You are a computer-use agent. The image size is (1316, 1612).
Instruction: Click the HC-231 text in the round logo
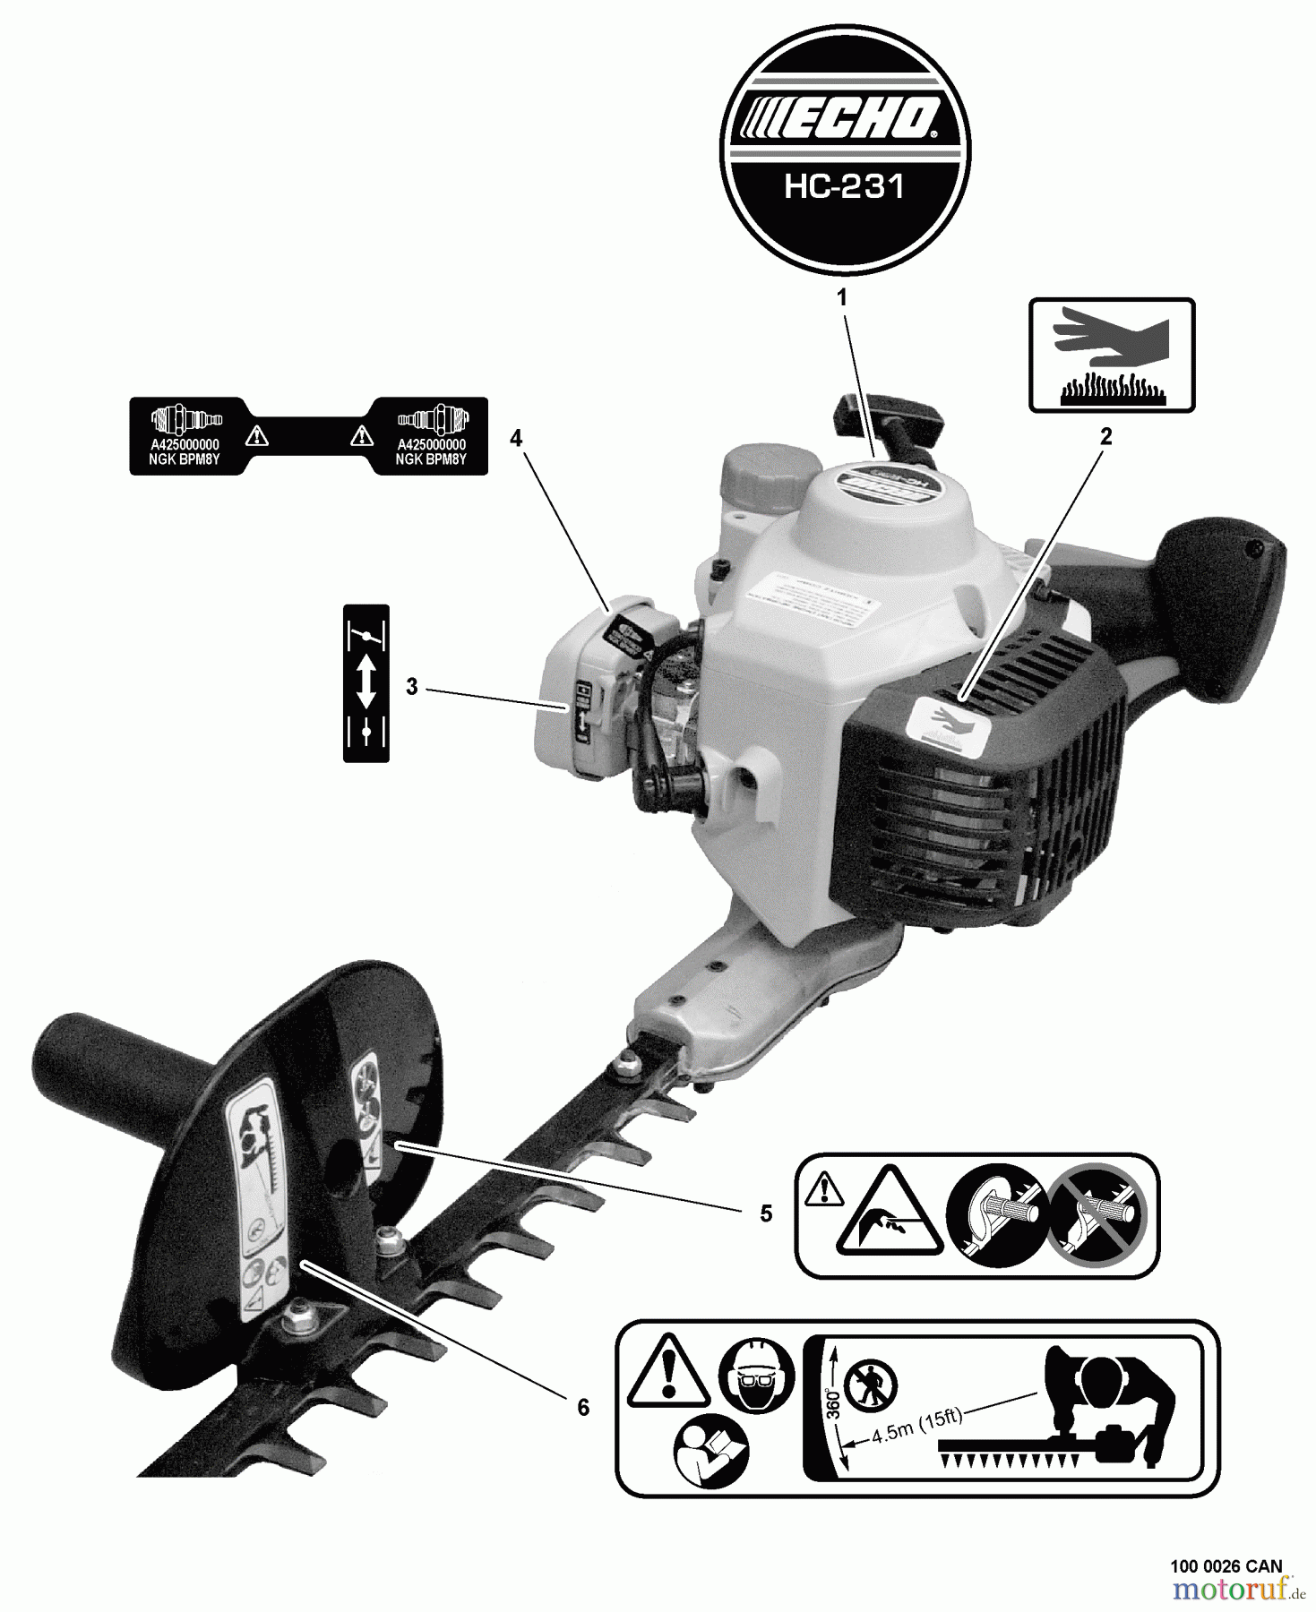[x=844, y=186]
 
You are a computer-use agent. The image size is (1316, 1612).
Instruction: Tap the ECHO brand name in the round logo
[x=844, y=119]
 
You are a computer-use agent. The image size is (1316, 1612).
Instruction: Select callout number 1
[x=842, y=298]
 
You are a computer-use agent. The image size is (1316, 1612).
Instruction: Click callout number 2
[x=1105, y=436]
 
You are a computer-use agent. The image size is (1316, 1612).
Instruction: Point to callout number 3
[x=411, y=687]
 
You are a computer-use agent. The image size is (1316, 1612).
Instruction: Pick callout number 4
[x=516, y=438]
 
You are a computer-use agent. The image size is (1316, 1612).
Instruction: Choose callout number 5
[x=766, y=1213]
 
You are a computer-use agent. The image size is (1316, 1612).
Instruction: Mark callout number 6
[x=583, y=1408]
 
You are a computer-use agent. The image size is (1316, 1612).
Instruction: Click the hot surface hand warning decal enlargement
[x=1111, y=356]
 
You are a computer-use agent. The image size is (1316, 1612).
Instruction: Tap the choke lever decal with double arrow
[x=366, y=683]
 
